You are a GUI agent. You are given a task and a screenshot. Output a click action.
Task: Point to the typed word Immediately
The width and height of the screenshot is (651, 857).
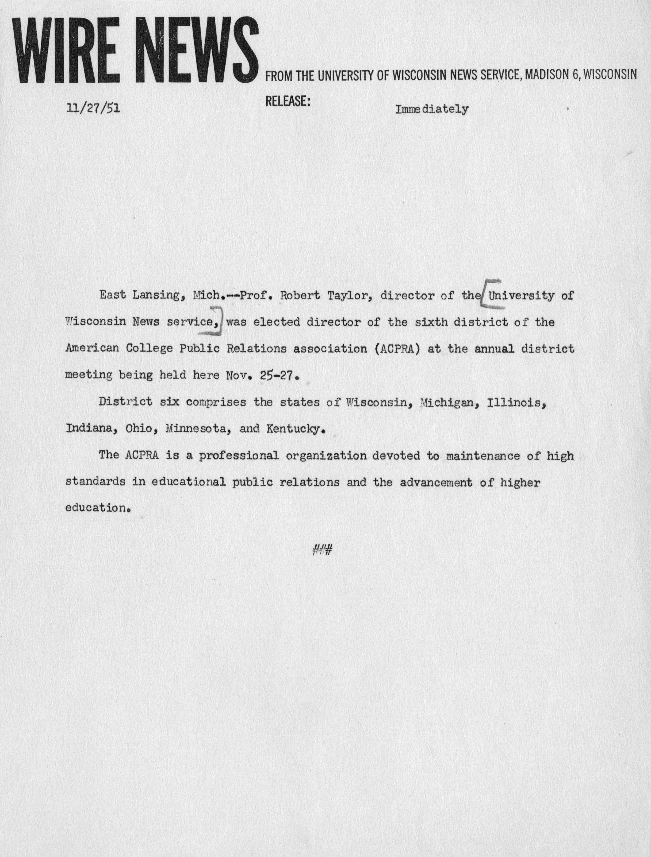pos(431,109)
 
